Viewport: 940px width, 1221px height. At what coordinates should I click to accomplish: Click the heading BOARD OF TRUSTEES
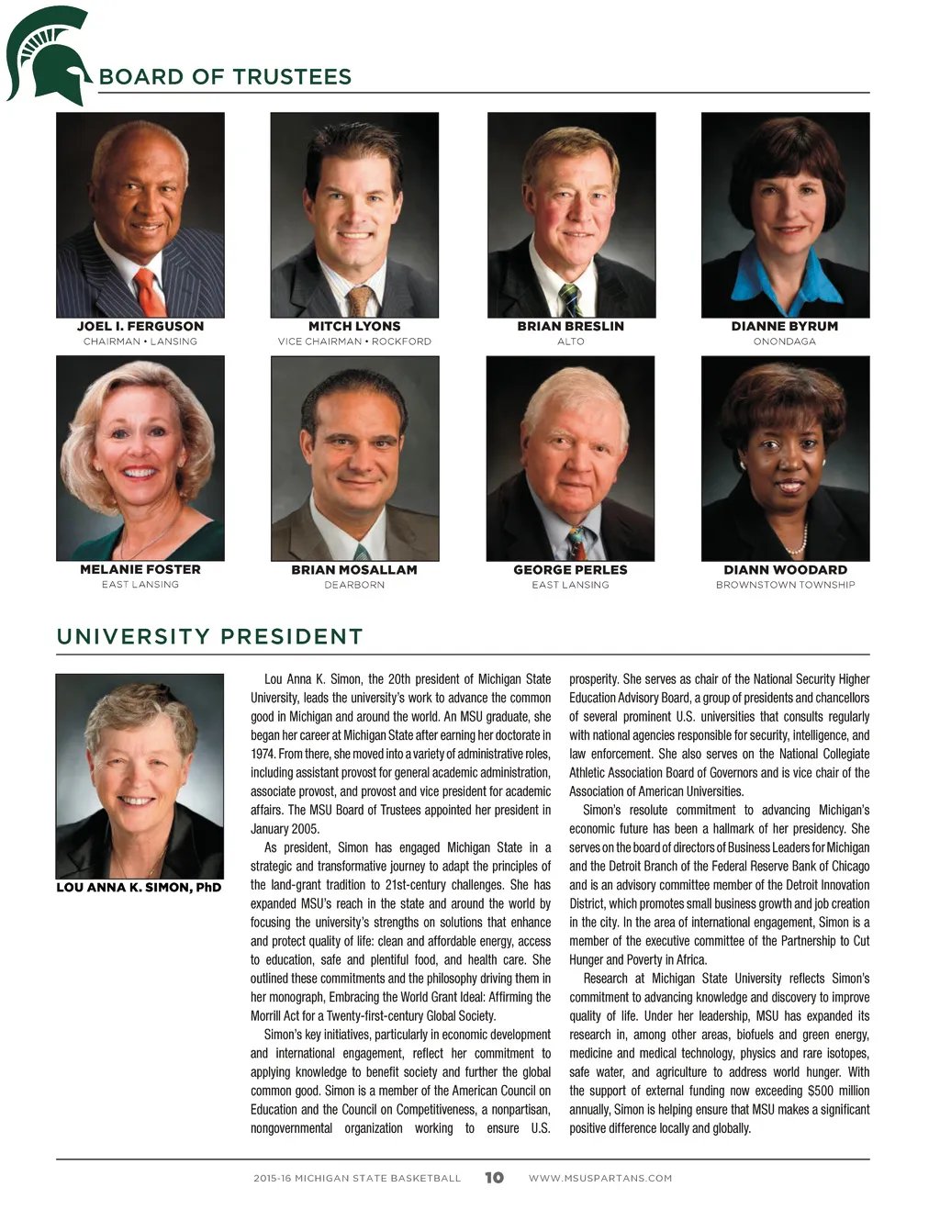tap(225, 77)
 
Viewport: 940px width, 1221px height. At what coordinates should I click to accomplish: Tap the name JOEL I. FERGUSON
tap(140, 326)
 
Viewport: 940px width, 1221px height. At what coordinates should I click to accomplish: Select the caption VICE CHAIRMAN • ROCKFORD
tap(354, 342)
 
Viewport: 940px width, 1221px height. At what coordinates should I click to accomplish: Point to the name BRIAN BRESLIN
tap(570, 326)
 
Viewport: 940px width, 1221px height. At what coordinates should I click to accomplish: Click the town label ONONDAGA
tap(785, 342)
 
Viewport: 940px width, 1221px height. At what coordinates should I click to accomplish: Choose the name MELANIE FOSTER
tap(140, 569)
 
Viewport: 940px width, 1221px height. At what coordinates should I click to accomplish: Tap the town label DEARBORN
tap(354, 585)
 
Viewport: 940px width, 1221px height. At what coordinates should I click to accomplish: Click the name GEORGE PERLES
tap(570, 569)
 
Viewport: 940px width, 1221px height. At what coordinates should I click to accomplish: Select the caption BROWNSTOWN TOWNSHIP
tap(785, 585)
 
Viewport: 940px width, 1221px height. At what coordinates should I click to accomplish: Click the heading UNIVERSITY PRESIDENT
tap(209, 637)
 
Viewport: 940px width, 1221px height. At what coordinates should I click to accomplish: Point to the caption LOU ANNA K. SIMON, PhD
tap(139, 888)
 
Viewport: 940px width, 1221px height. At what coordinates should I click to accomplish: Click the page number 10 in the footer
tap(494, 1178)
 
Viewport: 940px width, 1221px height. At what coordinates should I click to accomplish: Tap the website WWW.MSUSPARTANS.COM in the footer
tap(600, 1178)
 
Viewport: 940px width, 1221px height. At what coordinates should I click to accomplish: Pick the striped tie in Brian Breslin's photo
tap(570, 298)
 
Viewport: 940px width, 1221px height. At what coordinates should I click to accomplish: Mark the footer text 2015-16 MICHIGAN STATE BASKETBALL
tap(357, 1178)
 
